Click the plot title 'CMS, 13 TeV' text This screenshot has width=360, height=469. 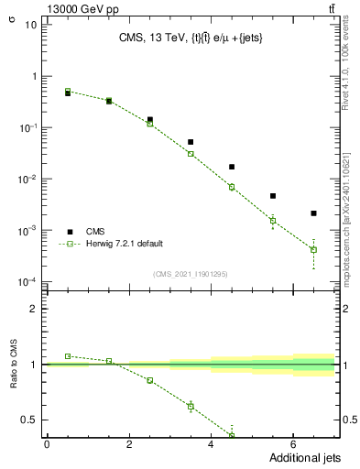(x=152, y=38)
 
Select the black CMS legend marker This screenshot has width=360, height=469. (x=69, y=231)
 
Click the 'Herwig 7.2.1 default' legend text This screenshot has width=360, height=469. (x=125, y=244)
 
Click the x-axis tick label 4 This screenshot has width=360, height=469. (x=212, y=444)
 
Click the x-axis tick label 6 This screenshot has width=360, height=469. (x=293, y=444)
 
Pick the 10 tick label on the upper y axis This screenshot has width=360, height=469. (x=30, y=25)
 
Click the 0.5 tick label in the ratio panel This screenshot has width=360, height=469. (x=29, y=420)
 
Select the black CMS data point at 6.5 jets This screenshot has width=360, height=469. (x=313, y=213)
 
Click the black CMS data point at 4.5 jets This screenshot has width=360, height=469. (x=232, y=167)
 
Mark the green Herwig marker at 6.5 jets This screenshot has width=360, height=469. (x=313, y=249)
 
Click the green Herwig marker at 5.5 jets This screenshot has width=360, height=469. (x=273, y=221)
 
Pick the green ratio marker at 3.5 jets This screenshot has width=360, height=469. (x=191, y=406)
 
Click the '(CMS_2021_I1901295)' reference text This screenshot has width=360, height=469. (x=191, y=274)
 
